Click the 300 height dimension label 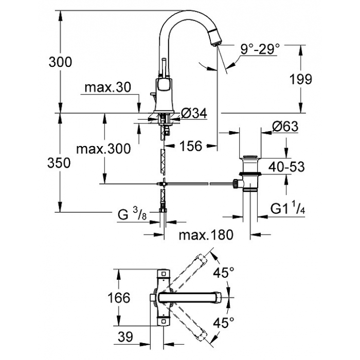click(60, 62)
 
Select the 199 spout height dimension click(301, 79)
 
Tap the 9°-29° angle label click(260, 49)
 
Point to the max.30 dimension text click(108, 87)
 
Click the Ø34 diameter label click(194, 113)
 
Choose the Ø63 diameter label click(285, 127)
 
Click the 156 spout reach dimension click(191, 146)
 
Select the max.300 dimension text click(103, 149)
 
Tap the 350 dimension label click(59, 163)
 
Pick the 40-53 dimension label click(287, 167)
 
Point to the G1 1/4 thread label click(287, 208)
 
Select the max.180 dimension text click(206, 235)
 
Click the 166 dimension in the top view click(119, 298)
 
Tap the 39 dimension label click(125, 337)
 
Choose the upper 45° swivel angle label click(223, 273)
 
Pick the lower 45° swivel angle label click(223, 323)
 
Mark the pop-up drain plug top click(250, 157)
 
